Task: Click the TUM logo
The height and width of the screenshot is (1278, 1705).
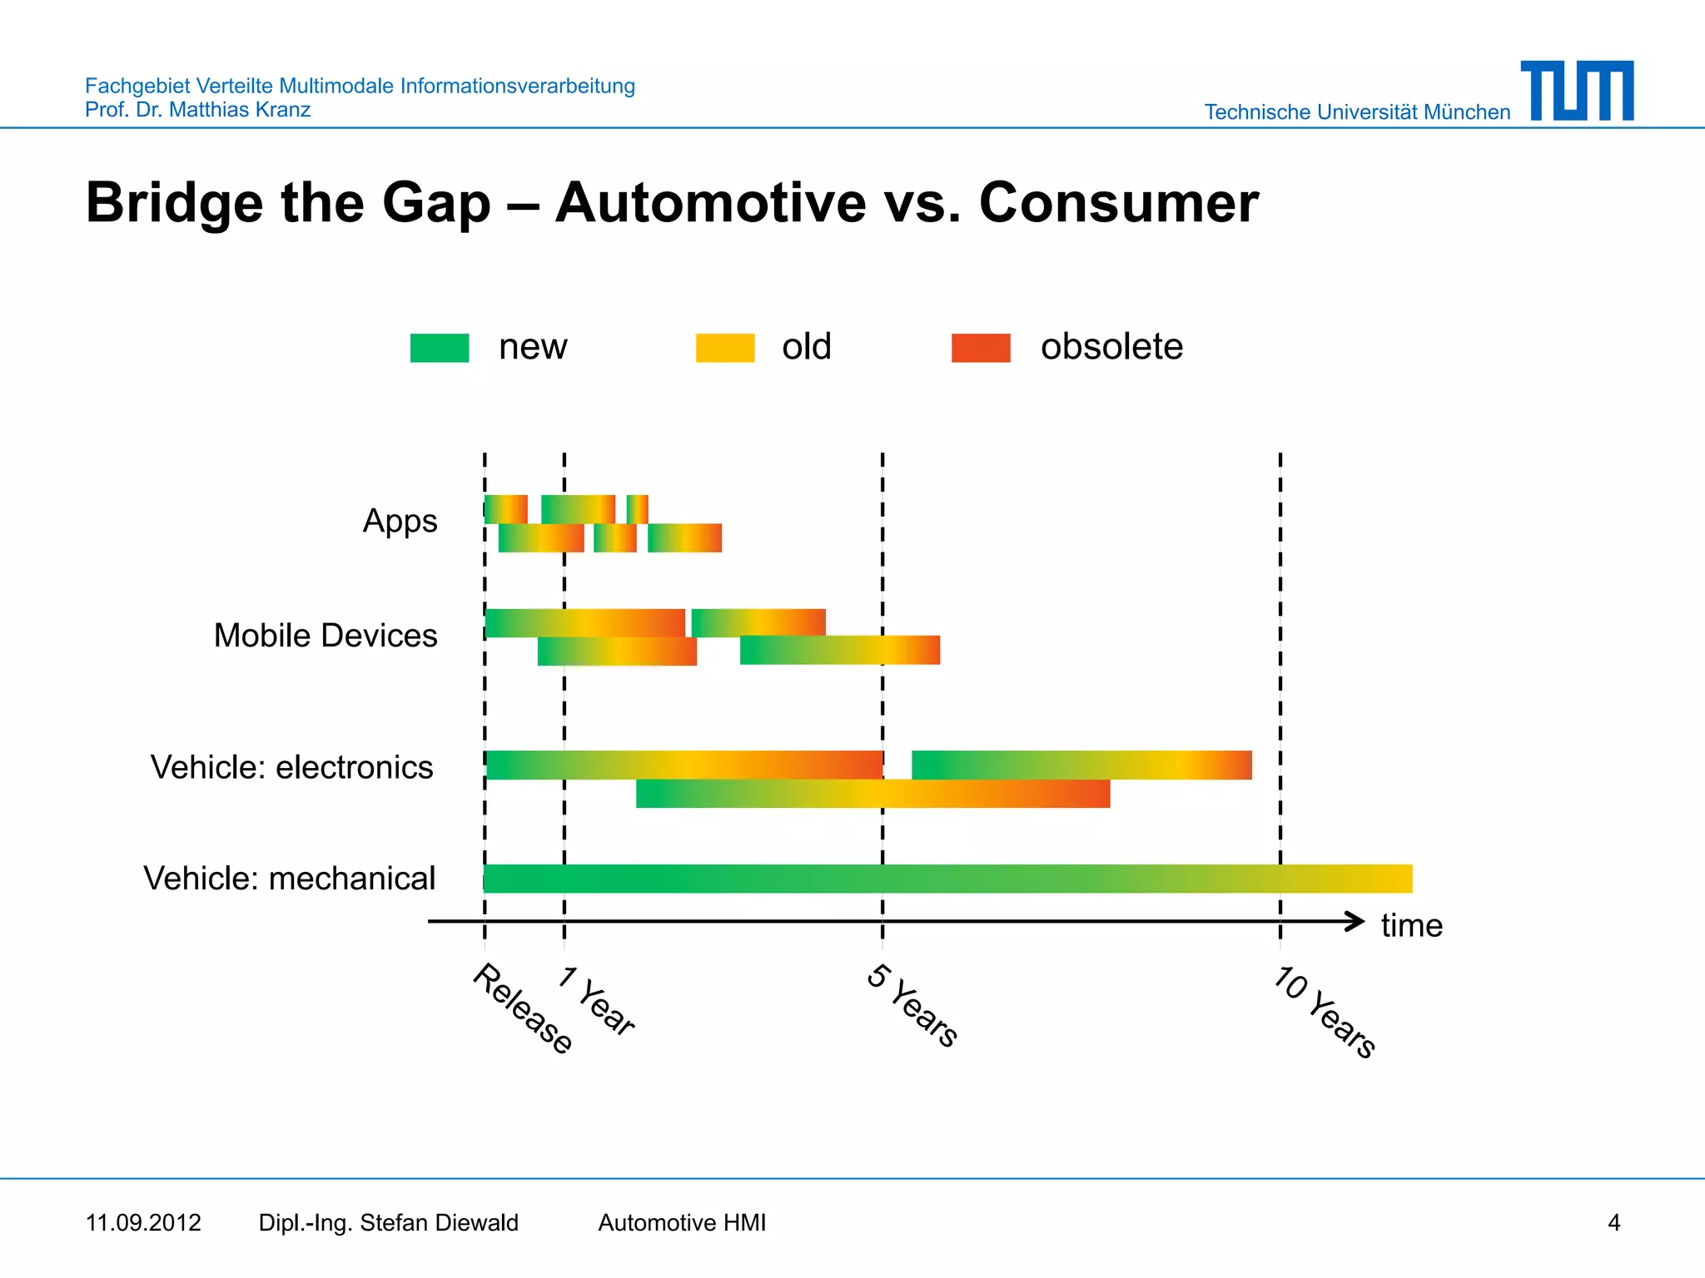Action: [x=1577, y=91]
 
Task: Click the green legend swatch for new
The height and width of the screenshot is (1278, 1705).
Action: [x=440, y=348]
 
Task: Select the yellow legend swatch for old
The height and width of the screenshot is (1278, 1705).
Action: [x=725, y=348]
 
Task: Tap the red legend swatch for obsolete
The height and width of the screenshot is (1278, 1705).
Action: [x=981, y=348]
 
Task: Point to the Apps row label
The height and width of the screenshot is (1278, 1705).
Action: [x=400, y=522]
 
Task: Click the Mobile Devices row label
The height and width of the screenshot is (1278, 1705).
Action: [x=326, y=636]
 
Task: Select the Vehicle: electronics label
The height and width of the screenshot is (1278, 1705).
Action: [x=291, y=767]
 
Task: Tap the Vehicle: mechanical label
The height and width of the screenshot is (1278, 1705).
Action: [x=289, y=879]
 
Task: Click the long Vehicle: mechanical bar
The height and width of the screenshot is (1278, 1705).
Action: [x=947, y=879]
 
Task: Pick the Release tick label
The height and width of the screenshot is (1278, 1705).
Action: [x=523, y=1008]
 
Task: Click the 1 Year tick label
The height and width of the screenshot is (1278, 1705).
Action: [x=597, y=1001]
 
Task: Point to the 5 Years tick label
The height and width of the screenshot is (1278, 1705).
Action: [x=913, y=1005]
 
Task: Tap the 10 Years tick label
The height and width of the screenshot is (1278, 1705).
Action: [x=1325, y=1011]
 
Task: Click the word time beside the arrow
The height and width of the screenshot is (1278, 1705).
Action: [x=1411, y=925]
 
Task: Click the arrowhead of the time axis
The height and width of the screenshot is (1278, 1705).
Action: [x=1355, y=921]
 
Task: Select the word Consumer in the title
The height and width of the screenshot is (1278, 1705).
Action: [x=1118, y=203]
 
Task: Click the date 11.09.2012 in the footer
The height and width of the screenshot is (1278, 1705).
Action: [x=143, y=1223]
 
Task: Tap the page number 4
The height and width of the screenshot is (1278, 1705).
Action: [x=1613, y=1223]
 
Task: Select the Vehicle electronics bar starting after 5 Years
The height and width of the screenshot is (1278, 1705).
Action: [x=1081, y=765]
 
